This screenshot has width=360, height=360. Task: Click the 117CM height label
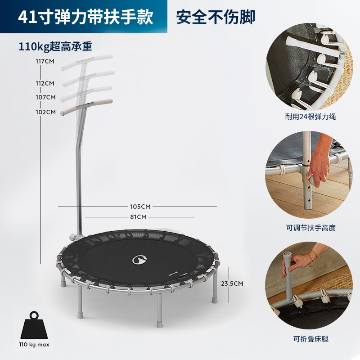[45, 61]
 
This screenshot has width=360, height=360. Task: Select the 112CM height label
[45, 83]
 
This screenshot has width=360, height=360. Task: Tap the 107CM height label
[46, 97]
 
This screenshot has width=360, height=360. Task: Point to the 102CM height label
[46, 112]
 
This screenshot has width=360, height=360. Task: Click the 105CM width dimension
[140, 207]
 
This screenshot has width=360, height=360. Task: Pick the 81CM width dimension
[138, 217]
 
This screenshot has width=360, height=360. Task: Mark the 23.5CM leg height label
[232, 283]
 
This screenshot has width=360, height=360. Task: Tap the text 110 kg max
[34, 344]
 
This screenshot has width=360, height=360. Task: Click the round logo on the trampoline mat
[139, 260]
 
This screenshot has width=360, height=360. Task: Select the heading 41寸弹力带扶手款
[85, 17]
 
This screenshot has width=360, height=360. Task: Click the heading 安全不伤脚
[216, 17]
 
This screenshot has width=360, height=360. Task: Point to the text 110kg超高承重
[55, 47]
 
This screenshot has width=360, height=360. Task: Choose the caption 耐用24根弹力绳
[310, 117]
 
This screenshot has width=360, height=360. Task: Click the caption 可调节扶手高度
[310, 228]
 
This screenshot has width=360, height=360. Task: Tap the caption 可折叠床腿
[311, 339]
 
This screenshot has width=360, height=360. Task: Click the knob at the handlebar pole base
[73, 237]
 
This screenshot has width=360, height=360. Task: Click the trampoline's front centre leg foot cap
[159, 324]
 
